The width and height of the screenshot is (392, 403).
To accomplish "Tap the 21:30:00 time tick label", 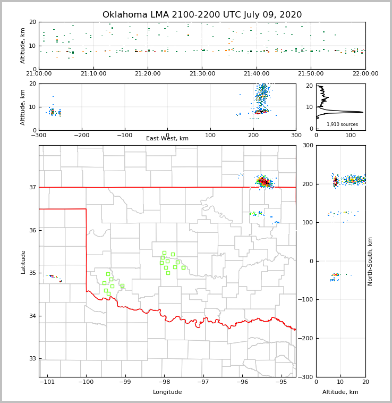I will tap(202, 74).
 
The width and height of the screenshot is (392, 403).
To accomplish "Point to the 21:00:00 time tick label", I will tap(39, 74).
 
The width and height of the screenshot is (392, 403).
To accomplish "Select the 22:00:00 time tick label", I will tap(365, 74).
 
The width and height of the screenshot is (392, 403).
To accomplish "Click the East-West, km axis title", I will tap(167, 139).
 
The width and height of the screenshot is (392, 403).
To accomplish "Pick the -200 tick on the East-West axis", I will tap(81, 135).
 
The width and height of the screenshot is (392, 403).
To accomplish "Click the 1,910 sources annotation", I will tap(342, 124).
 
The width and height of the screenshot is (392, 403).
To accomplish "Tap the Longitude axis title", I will tap(167, 392).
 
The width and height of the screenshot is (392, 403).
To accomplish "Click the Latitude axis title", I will tap(23, 262).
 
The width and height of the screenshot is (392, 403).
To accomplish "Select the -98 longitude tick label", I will tap(164, 382).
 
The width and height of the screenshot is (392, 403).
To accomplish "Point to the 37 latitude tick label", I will tap(33, 187).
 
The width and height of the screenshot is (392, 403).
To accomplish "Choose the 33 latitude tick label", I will tap(33, 359).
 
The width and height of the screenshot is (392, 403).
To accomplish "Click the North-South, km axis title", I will tap(370, 262).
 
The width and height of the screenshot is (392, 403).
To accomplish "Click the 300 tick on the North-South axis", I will tap(308, 145).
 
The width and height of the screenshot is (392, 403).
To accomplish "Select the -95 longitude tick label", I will tap(281, 382).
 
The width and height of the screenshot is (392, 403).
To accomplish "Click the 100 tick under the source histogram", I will tap(351, 135).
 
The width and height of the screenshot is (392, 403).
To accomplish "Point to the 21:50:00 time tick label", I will tap(311, 74).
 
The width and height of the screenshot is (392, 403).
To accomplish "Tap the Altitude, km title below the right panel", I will tap(340, 392).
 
